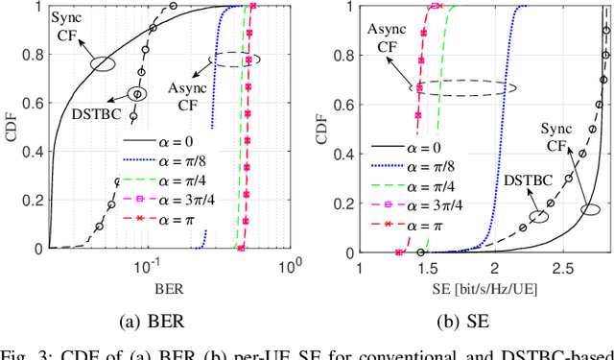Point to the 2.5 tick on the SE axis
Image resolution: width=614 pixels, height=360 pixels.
click(561, 266)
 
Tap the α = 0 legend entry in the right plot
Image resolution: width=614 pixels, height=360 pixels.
click(456, 147)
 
